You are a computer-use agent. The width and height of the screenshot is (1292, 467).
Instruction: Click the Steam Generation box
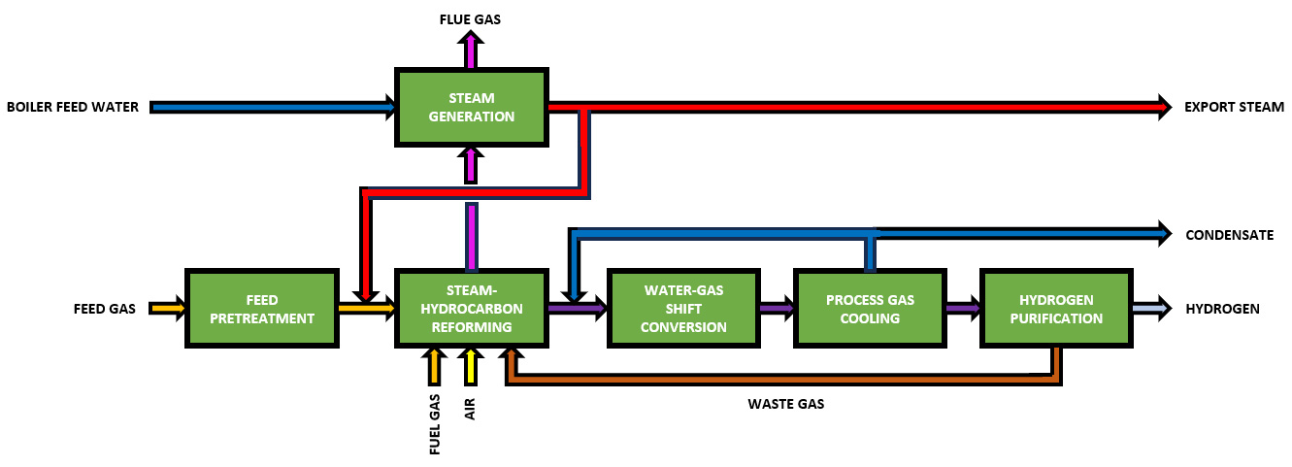pos(471,107)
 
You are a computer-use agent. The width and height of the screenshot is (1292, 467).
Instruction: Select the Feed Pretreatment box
pos(262,309)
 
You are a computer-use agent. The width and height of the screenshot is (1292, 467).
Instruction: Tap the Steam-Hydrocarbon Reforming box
pos(471,309)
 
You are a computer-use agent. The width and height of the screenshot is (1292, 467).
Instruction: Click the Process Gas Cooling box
pos(870,309)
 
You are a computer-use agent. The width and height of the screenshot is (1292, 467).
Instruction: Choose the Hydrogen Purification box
pos(1057,309)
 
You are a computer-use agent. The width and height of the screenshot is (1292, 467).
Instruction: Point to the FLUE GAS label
pos(471,18)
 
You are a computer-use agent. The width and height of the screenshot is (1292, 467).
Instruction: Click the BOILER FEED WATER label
pos(72,107)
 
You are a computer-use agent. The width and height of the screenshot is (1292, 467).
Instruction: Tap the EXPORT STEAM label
pos(1234,107)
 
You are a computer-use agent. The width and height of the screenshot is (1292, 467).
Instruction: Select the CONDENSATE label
pos(1229,235)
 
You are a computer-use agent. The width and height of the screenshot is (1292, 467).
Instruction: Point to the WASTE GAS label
pos(785,403)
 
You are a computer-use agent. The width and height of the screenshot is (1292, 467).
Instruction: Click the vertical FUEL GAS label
pos(434,424)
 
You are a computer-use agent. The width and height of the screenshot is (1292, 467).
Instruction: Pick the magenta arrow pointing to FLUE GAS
pos(471,49)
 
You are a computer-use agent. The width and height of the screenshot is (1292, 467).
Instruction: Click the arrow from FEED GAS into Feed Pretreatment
pos(167,309)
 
